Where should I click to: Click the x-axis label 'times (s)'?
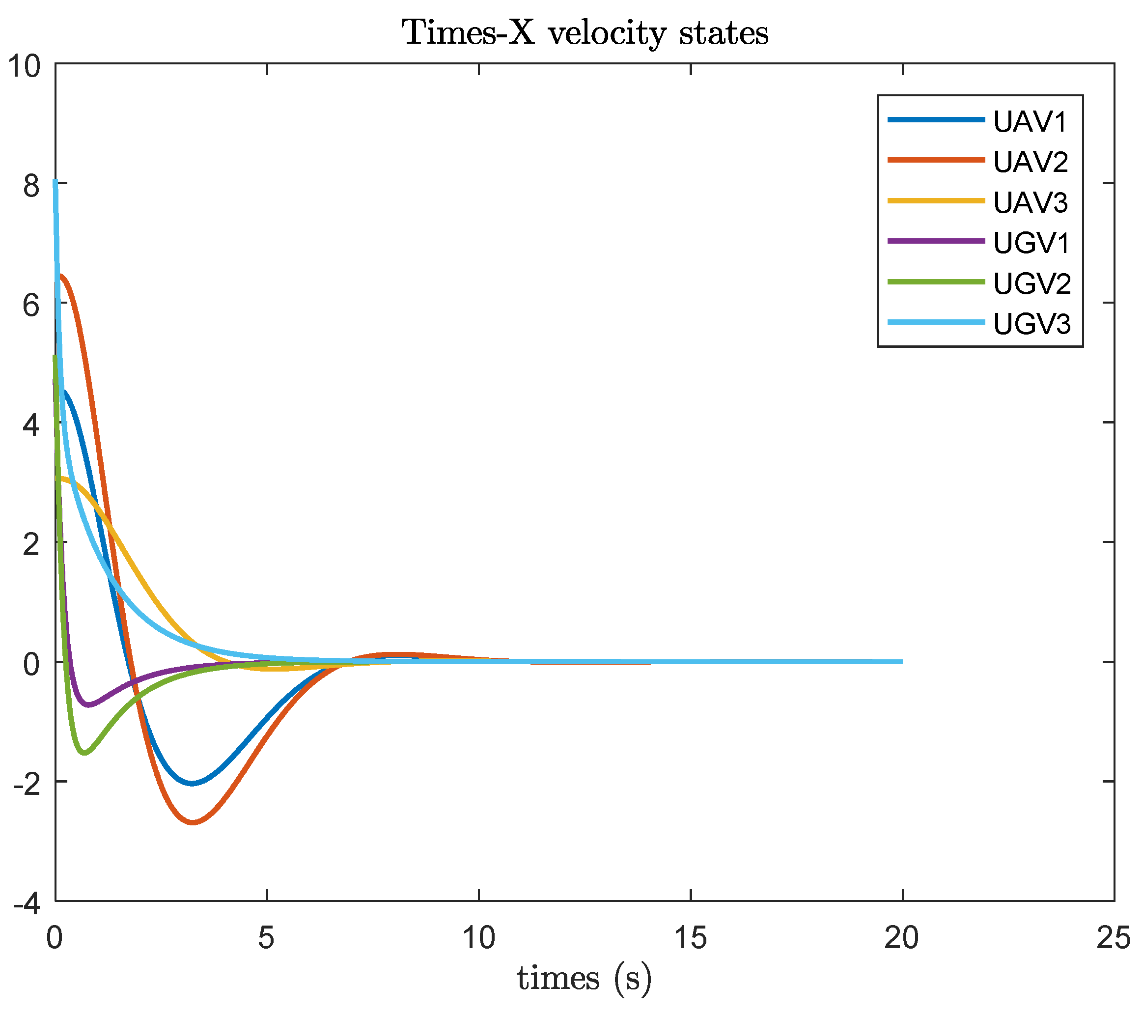tap(584, 978)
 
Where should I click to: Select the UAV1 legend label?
tap(1031, 122)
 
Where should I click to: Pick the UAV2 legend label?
tap(1031, 162)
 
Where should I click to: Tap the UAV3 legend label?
tap(1031, 202)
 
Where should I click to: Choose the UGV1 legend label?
tap(1031, 243)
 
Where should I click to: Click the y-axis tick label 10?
tap(25, 66)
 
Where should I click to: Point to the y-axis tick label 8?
tap(32, 186)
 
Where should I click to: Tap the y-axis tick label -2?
tap(28, 785)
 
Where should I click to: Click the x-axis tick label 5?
tap(266, 938)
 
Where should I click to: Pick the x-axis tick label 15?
tap(691, 938)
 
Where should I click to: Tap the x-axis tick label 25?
tap(1114, 938)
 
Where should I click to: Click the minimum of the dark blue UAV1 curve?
tap(192, 784)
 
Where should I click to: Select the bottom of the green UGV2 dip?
tap(85, 753)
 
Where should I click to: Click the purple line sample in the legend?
tap(936, 241)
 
